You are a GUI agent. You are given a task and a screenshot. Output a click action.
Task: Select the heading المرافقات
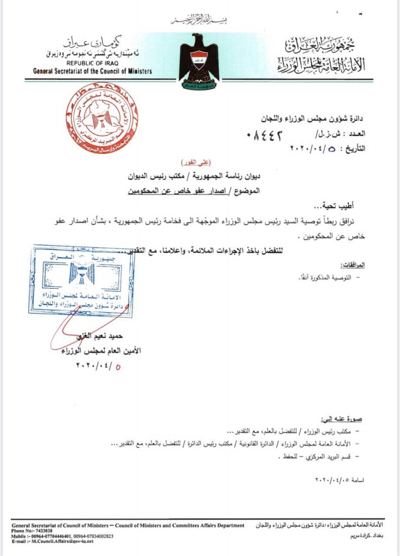click(x=354, y=264)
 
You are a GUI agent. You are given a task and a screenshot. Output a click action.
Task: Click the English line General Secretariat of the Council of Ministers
click(x=92, y=72)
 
